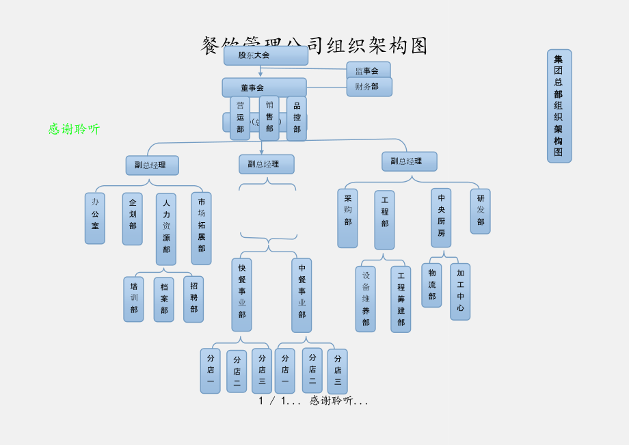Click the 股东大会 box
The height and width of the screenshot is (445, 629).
(265, 55)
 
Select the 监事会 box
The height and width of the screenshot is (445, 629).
(368, 70)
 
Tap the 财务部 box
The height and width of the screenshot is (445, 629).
(369, 87)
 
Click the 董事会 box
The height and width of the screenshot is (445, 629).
(264, 87)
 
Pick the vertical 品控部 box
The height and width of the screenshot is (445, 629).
(297, 118)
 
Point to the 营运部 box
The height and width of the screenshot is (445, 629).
(240, 118)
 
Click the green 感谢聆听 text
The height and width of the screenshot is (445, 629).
(74, 129)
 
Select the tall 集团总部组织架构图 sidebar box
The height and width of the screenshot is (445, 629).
(559, 106)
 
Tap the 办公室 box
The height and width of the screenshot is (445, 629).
(95, 218)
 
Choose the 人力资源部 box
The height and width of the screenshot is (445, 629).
(166, 229)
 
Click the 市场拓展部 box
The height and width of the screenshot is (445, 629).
(202, 228)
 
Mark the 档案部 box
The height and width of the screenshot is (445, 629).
(164, 299)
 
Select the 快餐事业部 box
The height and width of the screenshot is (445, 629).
(241, 294)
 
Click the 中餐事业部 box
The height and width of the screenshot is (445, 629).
(302, 295)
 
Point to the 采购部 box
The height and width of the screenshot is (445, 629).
(347, 218)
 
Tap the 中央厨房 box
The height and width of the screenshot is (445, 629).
(441, 217)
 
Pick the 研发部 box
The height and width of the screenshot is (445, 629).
(481, 211)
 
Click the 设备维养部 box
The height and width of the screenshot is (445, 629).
(366, 299)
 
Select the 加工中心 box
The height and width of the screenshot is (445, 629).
(460, 291)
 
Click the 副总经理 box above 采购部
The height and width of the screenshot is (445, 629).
(409, 161)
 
